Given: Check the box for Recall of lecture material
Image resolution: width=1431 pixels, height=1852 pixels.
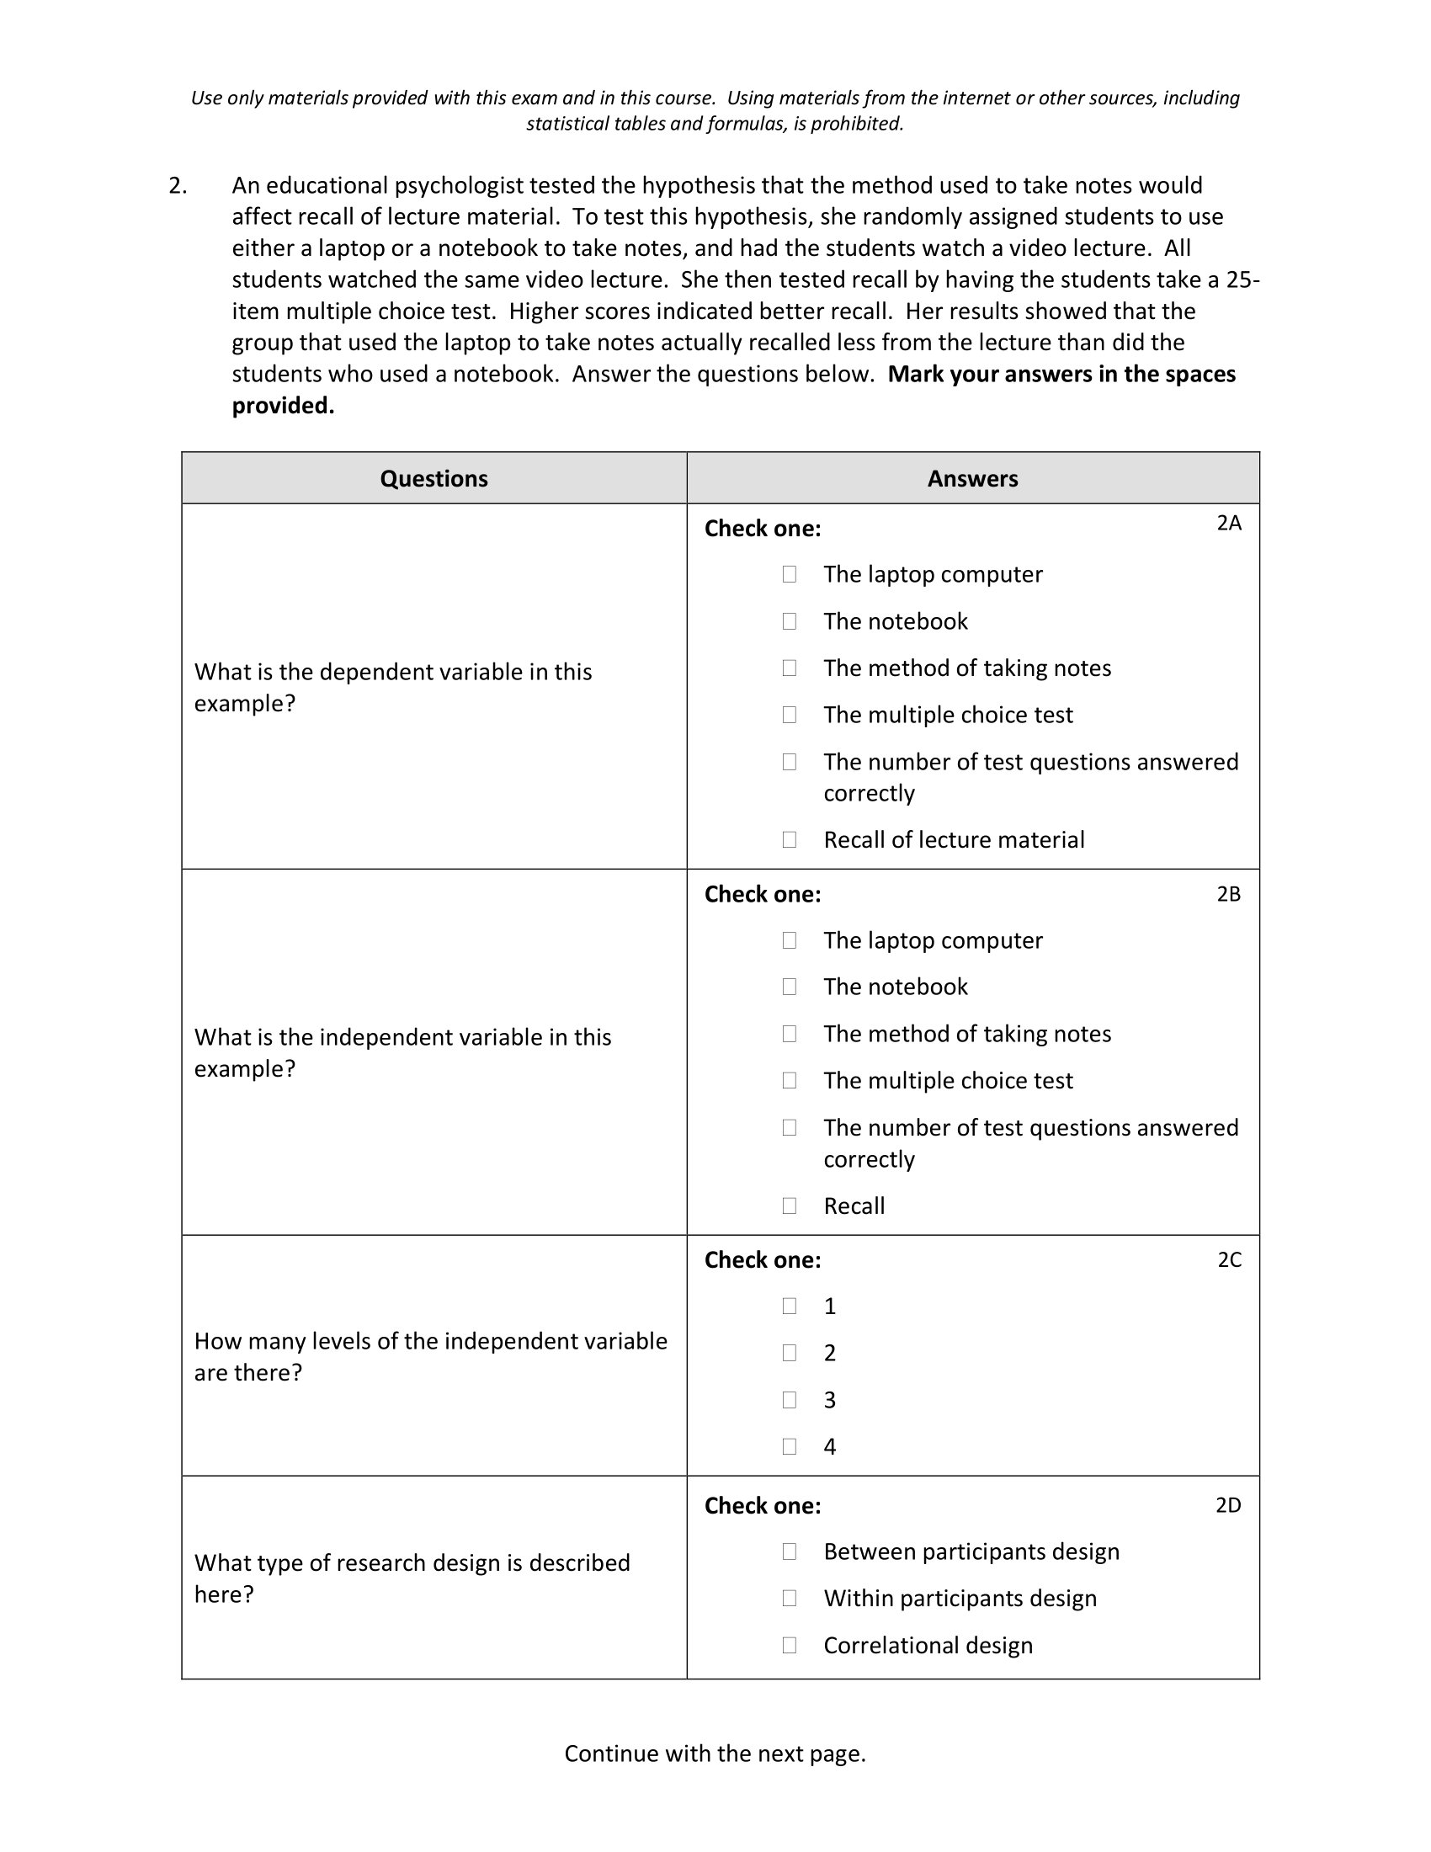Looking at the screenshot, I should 790,839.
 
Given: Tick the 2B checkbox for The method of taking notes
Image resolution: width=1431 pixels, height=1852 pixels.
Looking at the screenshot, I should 790,1034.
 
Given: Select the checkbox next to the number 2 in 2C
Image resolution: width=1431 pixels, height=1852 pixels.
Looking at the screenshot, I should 790,1353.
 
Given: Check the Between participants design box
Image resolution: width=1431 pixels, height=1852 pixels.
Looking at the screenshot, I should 790,1551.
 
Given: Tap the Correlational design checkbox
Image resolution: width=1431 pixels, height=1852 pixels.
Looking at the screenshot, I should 790,1645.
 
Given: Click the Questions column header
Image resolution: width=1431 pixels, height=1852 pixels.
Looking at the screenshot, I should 434,478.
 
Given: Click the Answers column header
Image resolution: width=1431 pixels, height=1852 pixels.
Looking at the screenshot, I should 972,478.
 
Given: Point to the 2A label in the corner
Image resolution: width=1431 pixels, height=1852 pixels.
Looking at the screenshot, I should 1228,524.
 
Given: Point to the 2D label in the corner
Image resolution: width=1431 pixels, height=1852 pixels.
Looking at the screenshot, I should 1227,1505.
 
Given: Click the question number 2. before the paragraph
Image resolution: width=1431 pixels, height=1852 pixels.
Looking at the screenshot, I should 177,186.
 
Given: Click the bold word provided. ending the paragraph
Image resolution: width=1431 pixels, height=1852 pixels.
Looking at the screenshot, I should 283,407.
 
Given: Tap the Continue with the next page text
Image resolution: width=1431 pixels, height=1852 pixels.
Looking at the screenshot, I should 715,1753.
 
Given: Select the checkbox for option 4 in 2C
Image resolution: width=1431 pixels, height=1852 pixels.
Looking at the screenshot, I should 790,1446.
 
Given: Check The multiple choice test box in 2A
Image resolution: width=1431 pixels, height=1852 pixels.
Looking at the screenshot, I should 790,715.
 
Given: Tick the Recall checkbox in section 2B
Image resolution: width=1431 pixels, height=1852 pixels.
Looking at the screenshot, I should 790,1205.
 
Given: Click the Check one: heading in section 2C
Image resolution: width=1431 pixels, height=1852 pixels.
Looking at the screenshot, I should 762,1260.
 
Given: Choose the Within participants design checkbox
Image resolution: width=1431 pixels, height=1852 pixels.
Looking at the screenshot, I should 790,1599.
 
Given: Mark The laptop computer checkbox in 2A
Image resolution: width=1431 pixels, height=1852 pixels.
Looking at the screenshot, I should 790,574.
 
